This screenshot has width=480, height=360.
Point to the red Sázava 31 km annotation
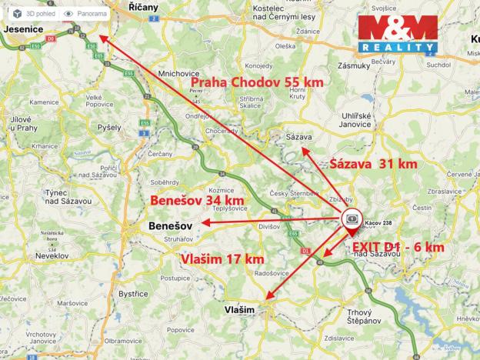click(x=373, y=164)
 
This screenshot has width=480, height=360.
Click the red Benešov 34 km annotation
click(x=197, y=201)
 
